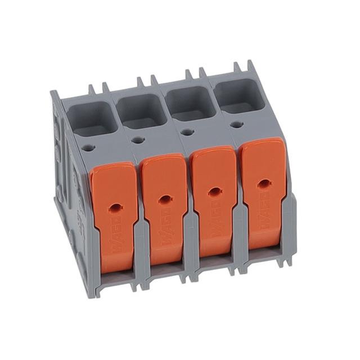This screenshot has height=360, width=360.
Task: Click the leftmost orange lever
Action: [x=114, y=214]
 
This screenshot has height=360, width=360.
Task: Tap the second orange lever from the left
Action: [x=164, y=205]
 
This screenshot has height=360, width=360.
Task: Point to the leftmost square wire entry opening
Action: [x=92, y=119]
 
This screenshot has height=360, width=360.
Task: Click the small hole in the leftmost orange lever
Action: [x=115, y=207]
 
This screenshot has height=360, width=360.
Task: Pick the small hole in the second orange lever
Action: [x=164, y=199]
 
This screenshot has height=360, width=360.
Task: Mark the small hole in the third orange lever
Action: [x=214, y=191]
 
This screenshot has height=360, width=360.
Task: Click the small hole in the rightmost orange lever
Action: [x=263, y=183]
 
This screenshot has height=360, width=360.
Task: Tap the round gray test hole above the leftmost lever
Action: [x=88, y=149]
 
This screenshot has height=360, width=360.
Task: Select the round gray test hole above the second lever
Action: [x=138, y=140]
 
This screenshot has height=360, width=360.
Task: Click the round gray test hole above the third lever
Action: [x=187, y=132]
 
